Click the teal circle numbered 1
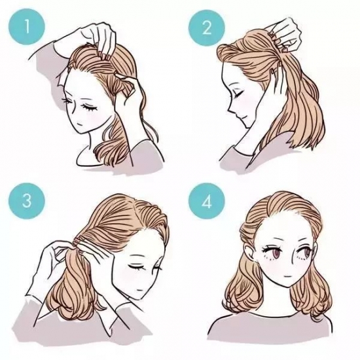(x=27, y=27)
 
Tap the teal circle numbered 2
(x=207, y=27)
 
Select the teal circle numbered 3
(x=27, y=201)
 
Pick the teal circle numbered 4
(x=207, y=201)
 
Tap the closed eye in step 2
(x=238, y=94)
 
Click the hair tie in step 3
(x=78, y=242)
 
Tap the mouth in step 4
(x=287, y=276)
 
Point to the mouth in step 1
(x=79, y=124)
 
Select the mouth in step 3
(x=139, y=290)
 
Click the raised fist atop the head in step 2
(x=285, y=35)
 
